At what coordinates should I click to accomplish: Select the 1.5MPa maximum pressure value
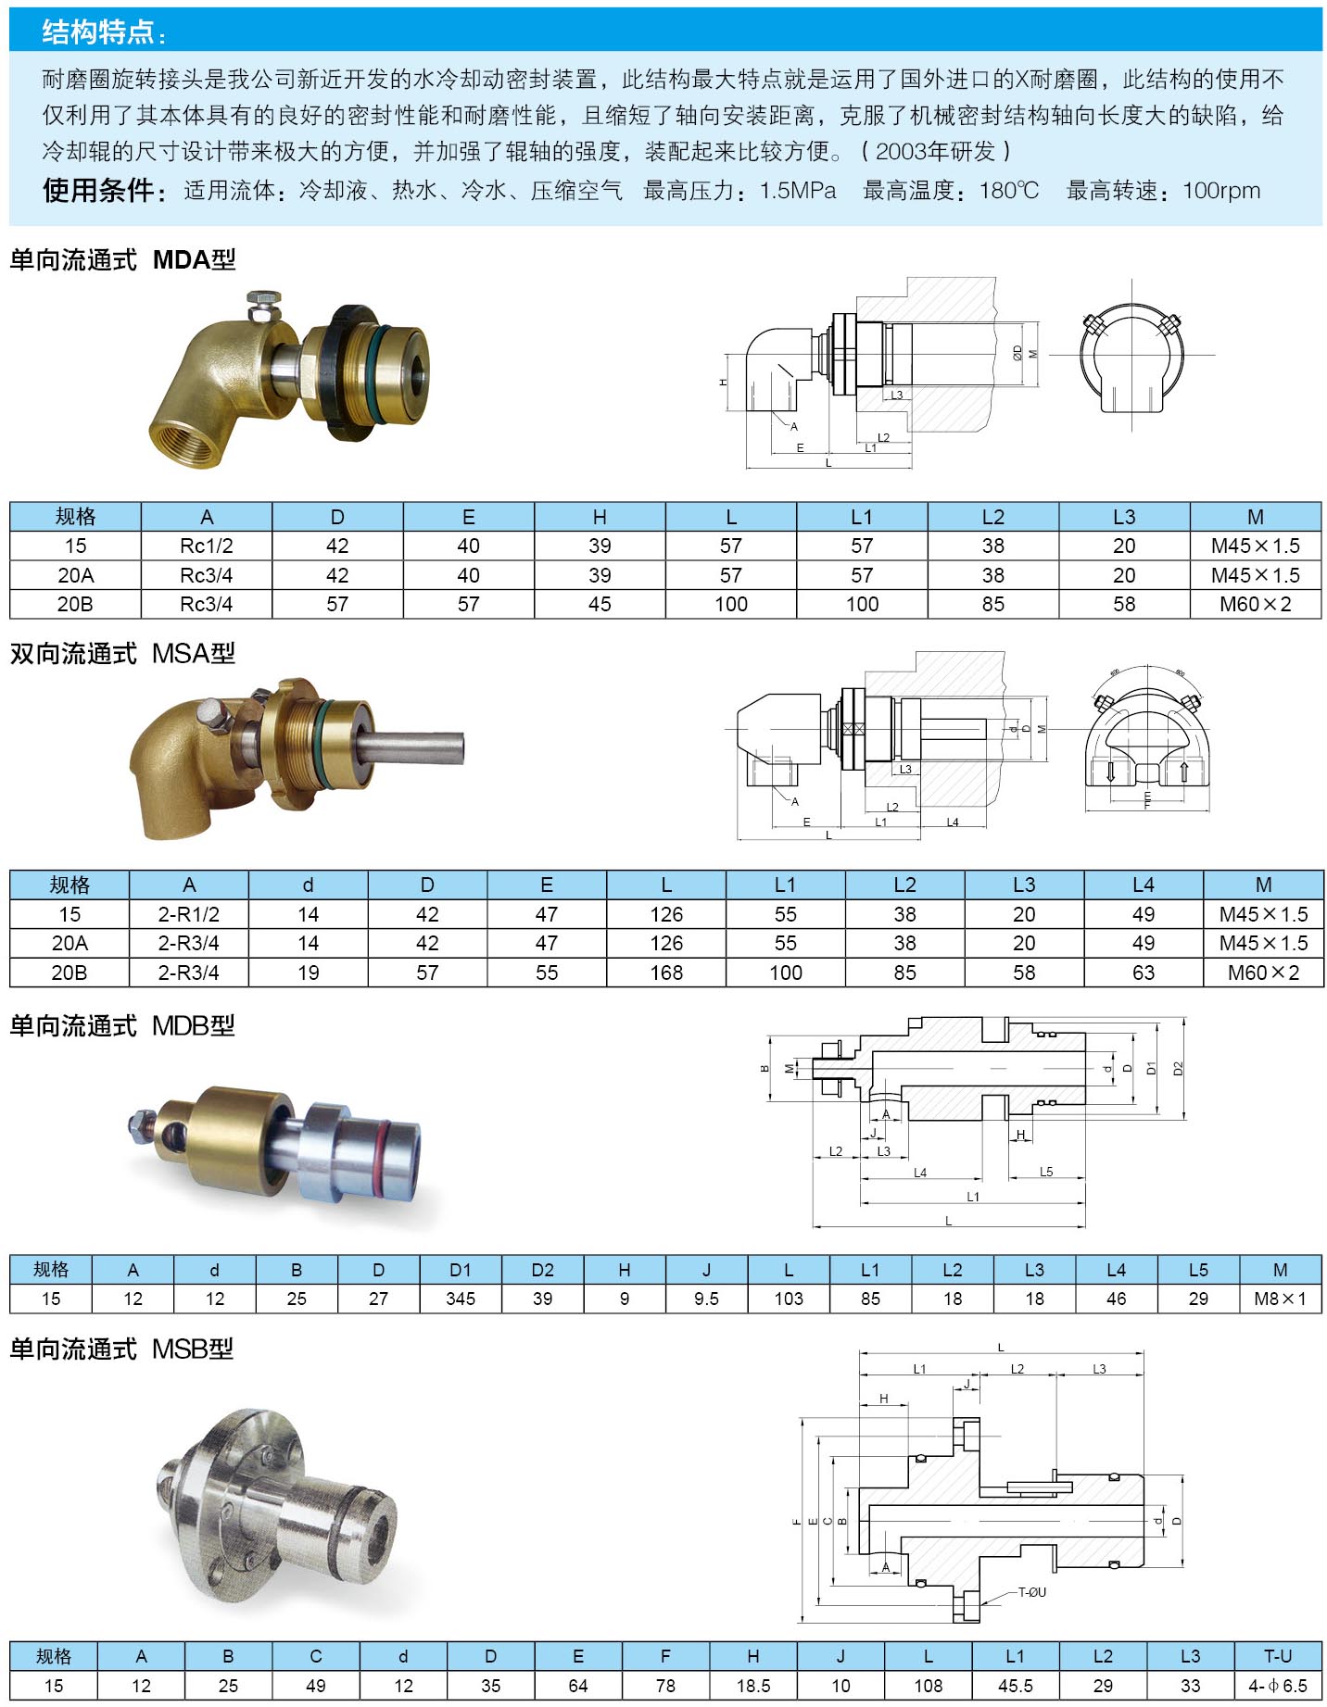[x=798, y=191]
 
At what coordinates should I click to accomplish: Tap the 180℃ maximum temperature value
[x=1009, y=191]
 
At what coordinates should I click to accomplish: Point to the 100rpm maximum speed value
[x=1221, y=191]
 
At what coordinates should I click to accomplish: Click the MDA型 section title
[x=195, y=259]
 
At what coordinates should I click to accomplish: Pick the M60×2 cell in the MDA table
[x=1256, y=605]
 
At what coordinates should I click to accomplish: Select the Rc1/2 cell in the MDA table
[x=207, y=546]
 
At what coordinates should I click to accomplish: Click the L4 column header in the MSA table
[x=1144, y=885]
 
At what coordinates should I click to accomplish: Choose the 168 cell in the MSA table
[x=666, y=973]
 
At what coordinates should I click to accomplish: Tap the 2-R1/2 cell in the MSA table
[x=189, y=915]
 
